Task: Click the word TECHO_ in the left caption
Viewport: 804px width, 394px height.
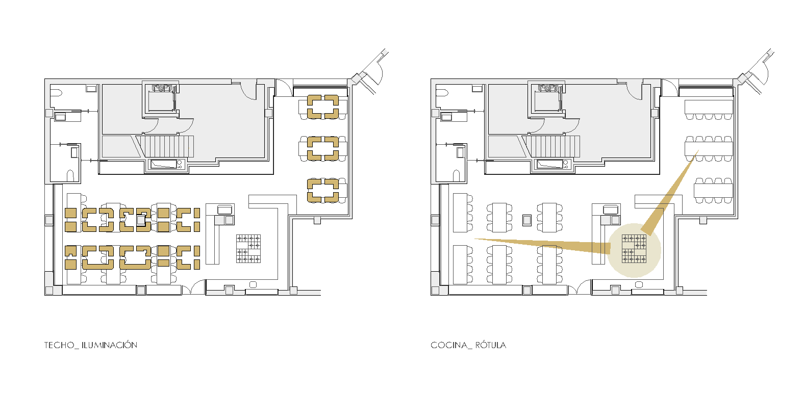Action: (60, 345)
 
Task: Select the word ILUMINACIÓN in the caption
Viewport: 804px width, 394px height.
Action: (109, 345)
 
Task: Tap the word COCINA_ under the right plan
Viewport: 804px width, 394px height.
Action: (449, 345)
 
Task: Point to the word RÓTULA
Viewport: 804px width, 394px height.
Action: (491, 345)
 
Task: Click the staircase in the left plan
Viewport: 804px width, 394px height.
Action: (166, 146)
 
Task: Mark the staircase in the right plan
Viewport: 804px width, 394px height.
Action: (553, 146)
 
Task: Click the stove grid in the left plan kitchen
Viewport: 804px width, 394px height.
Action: (248, 249)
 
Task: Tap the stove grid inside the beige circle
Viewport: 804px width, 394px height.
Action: (634, 249)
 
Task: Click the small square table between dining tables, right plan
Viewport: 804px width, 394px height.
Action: (527, 220)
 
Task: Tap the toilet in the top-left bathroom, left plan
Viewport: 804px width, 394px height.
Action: (56, 93)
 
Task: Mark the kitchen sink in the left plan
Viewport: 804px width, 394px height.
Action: (224, 209)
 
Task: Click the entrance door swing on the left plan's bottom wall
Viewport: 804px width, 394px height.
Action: (193, 287)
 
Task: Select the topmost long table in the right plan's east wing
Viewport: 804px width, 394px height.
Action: (709, 107)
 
